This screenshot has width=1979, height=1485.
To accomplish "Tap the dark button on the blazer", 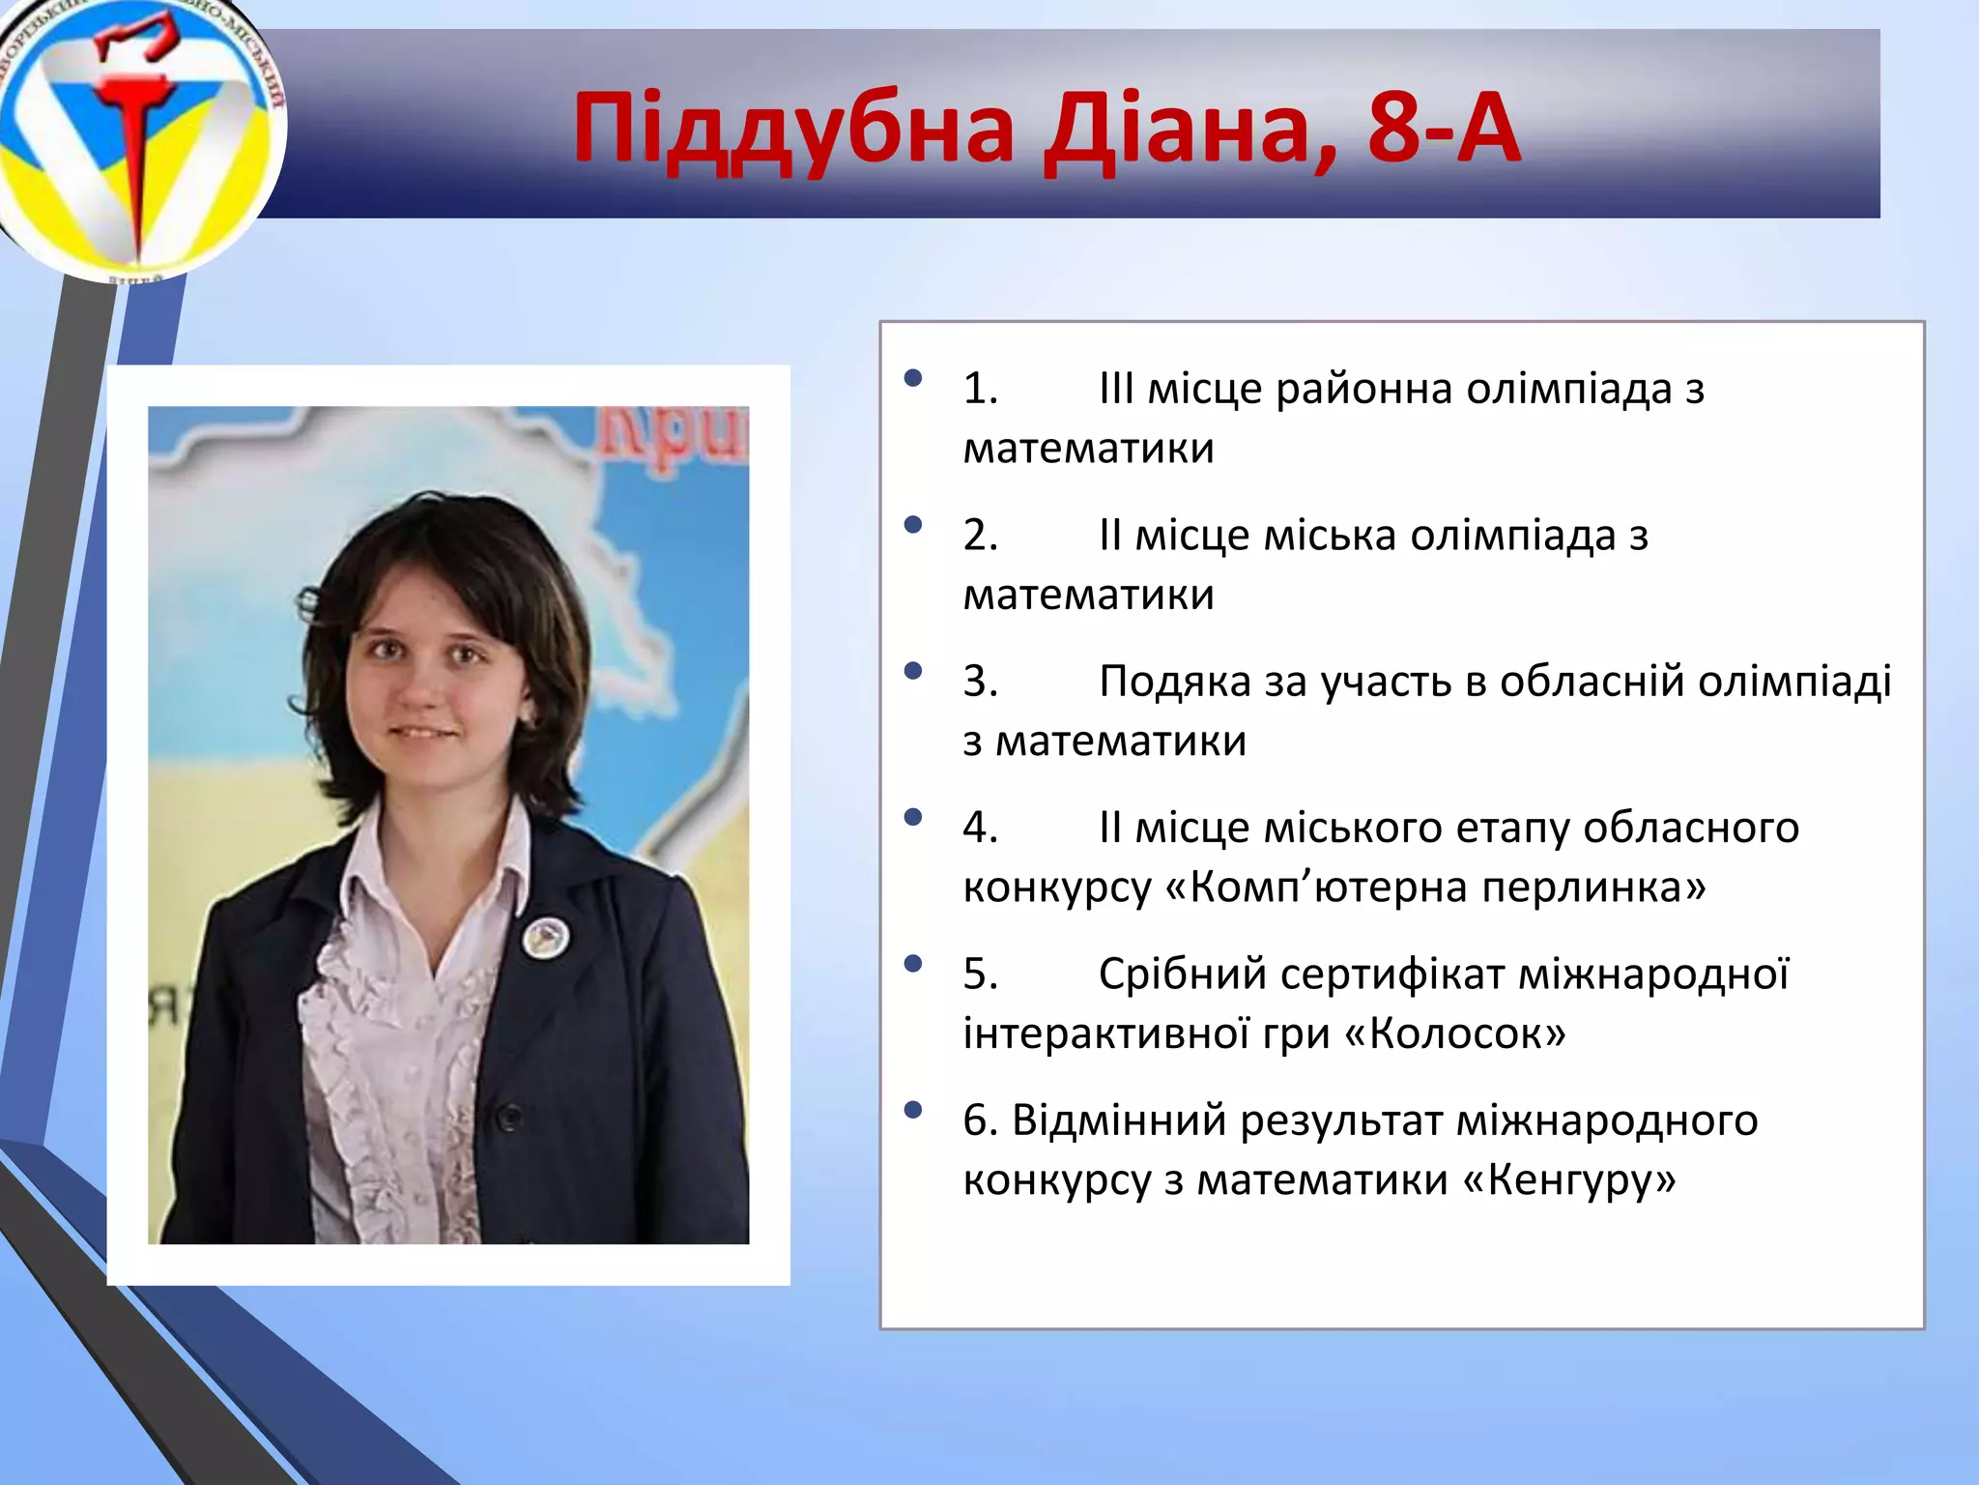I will (x=509, y=1119).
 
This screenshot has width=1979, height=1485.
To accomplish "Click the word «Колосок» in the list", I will (x=1455, y=1034).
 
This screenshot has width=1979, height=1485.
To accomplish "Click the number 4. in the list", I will (x=980, y=828).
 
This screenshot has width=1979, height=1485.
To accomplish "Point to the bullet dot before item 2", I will (x=912, y=525).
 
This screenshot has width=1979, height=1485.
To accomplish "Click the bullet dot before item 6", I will (x=912, y=1110).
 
